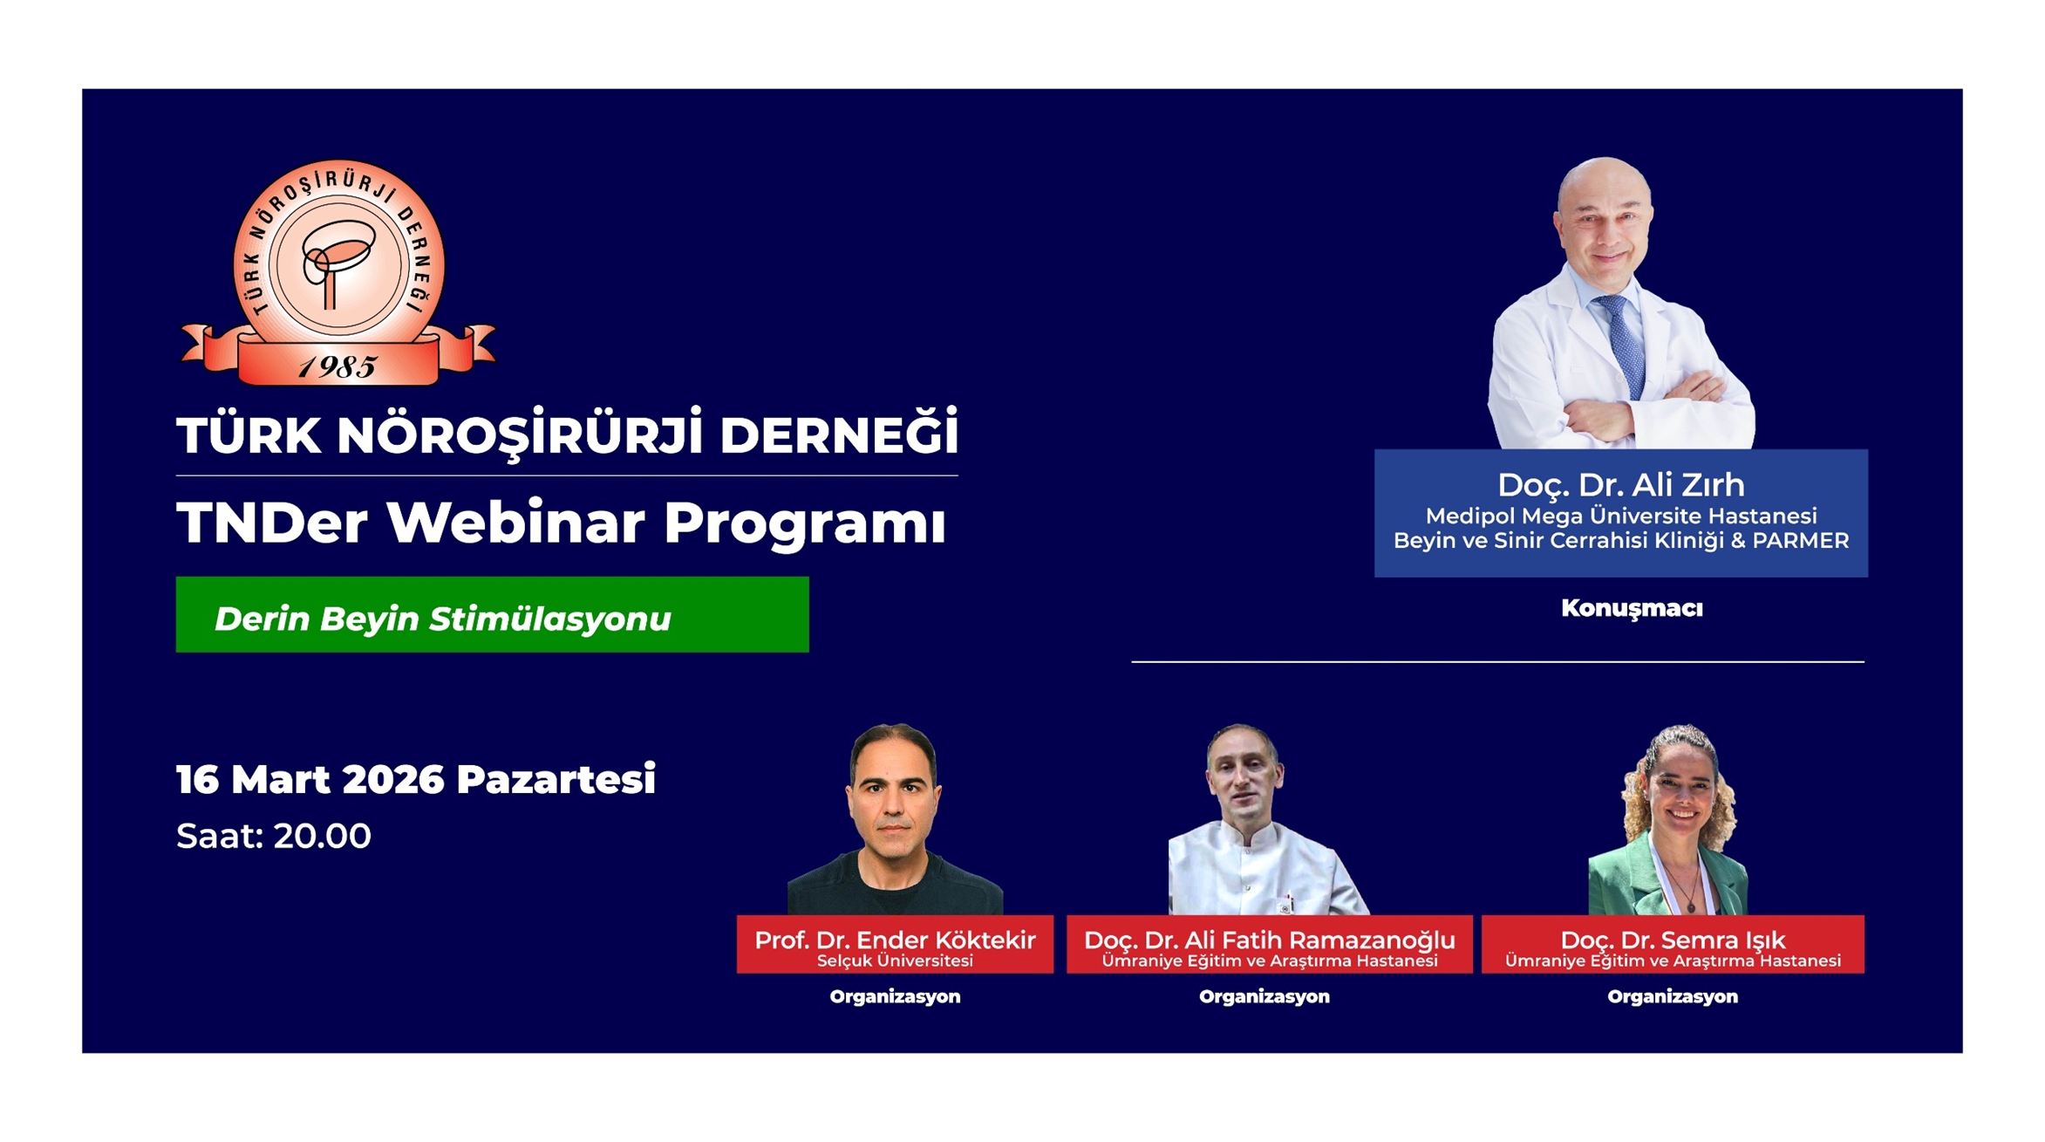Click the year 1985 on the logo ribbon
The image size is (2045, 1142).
(x=337, y=367)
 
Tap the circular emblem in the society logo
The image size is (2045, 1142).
(x=339, y=262)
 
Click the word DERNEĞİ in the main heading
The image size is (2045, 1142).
(x=839, y=434)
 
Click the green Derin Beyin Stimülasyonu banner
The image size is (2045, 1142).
(x=492, y=614)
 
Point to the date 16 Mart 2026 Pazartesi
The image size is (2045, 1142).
(x=416, y=778)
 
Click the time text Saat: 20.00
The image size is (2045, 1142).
(x=274, y=836)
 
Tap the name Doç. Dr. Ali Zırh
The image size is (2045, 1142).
(x=1620, y=484)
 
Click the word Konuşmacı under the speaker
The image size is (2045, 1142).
(x=1632, y=608)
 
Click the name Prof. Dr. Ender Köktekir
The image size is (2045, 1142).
(x=895, y=940)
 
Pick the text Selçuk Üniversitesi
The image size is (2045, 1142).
(x=895, y=961)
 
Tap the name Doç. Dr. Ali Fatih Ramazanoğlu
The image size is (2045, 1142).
(x=1269, y=940)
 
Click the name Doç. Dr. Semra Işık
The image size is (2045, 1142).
(x=1673, y=940)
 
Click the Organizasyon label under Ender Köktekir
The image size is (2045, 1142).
(x=895, y=996)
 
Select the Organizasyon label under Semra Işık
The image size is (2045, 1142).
(x=1673, y=996)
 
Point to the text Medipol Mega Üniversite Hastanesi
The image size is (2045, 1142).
(x=1620, y=516)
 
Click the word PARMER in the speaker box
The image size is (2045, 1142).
(x=1801, y=541)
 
